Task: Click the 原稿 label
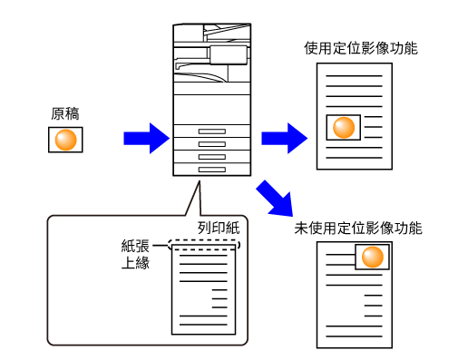(65, 114)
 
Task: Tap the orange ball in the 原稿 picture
(65, 140)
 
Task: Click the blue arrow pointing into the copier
(146, 138)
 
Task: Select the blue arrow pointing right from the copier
(284, 138)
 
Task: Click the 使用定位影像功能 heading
(361, 48)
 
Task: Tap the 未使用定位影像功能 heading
(358, 229)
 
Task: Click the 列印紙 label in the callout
(219, 228)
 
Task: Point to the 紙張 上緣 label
(135, 254)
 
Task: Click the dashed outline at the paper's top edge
(204, 240)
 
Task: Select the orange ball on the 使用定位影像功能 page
(344, 127)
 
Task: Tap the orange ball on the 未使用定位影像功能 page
(373, 257)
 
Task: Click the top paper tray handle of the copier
(212, 131)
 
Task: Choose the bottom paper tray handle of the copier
(212, 170)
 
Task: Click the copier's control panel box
(229, 55)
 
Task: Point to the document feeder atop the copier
(228, 33)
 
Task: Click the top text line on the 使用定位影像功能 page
(354, 76)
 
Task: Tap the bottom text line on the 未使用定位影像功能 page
(354, 336)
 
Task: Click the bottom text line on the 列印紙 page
(203, 325)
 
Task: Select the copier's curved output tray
(200, 76)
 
